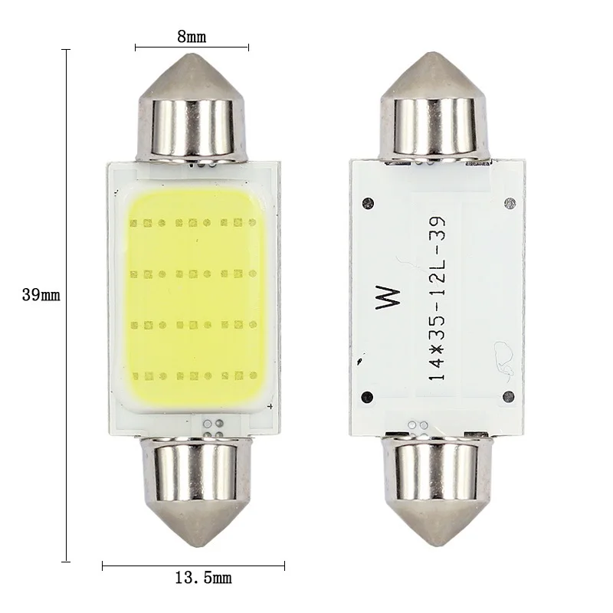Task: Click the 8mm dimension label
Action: point(192,35)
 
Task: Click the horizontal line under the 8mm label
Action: point(192,48)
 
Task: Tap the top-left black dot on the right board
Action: point(369,203)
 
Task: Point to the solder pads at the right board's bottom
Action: point(418,425)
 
